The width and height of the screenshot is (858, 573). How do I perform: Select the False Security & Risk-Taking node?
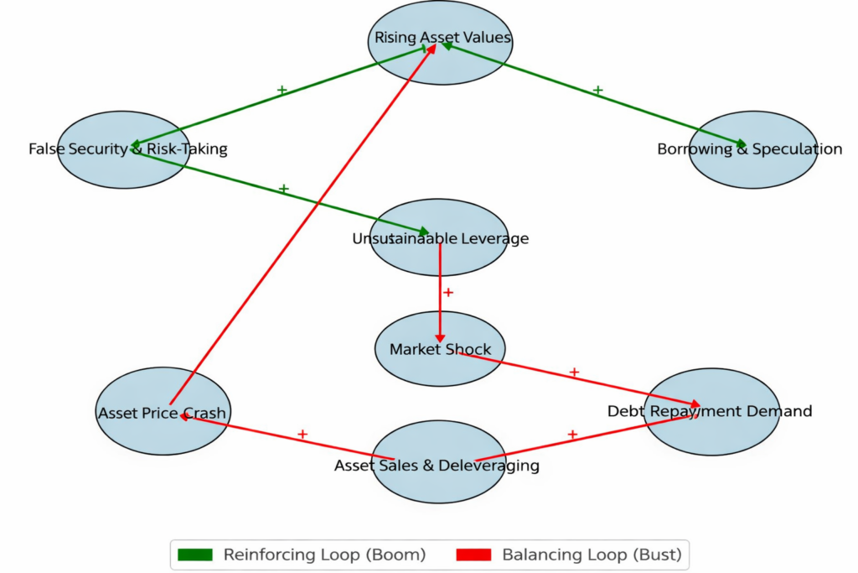[x=124, y=150]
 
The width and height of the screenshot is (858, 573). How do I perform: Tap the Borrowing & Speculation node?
[x=752, y=150]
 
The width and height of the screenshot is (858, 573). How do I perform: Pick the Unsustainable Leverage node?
[x=439, y=238]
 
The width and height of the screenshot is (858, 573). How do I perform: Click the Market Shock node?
[x=439, y=349]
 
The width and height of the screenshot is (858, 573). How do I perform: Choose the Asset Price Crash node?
[x=162, y=412]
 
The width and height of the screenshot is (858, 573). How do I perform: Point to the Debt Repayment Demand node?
[x=711, y=411]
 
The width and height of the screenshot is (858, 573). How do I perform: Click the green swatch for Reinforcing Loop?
[x=195, y=555]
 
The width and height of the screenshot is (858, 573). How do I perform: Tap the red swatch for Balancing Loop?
[x=473, y=555]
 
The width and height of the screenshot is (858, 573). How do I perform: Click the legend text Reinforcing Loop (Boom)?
[x=324, y=555]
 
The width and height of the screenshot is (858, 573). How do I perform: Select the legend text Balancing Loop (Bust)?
[x=592, y=555]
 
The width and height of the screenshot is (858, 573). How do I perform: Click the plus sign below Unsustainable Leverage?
[x=448, y=293]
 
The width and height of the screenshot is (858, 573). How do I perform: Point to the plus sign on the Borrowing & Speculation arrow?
[x=597, y=89]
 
